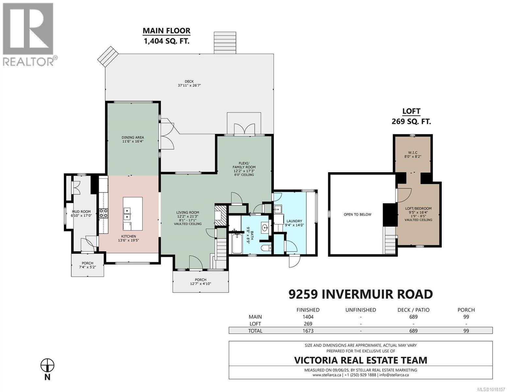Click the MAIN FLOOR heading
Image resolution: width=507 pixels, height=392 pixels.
coord(166,31)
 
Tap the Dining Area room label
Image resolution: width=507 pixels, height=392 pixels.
coord(133,139)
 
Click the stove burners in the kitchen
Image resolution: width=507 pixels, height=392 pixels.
coord(104,213)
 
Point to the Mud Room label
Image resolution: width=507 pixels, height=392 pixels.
coord(81,214)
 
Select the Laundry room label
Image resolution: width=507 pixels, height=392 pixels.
coord(294,223)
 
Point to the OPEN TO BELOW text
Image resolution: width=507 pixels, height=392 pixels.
coord(357,214)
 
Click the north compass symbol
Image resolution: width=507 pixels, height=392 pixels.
coord(47,365)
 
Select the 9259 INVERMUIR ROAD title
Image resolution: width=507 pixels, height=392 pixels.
coord(360,294)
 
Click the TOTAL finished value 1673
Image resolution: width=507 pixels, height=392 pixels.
coord(308,331)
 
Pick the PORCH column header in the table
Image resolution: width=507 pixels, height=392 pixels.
coord(466,310)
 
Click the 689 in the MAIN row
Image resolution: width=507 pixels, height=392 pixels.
coord(413,317)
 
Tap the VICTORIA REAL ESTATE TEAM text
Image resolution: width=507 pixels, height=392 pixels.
coord(361,360)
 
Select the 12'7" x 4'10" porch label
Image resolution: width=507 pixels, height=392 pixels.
coord(201,282)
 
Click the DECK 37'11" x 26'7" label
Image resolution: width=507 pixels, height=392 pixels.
coord(189,84)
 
